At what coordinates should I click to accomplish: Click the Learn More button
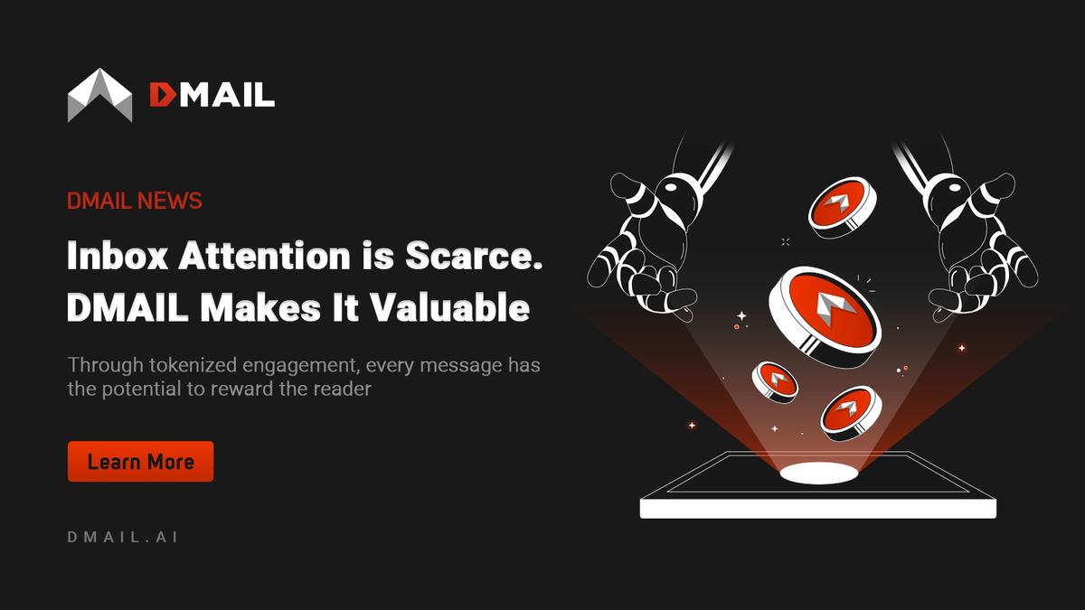coord(140,462)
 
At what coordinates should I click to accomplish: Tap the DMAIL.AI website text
coord(122,537)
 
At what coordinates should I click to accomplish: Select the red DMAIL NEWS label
coord(134,200)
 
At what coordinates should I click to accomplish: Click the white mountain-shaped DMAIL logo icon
coord(99,96)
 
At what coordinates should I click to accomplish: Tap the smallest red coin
coord(775,381)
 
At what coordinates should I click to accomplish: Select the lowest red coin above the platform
coord(851,413)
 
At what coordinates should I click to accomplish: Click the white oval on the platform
coord(819,472)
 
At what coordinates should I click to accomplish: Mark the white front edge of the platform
coord(817,509)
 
